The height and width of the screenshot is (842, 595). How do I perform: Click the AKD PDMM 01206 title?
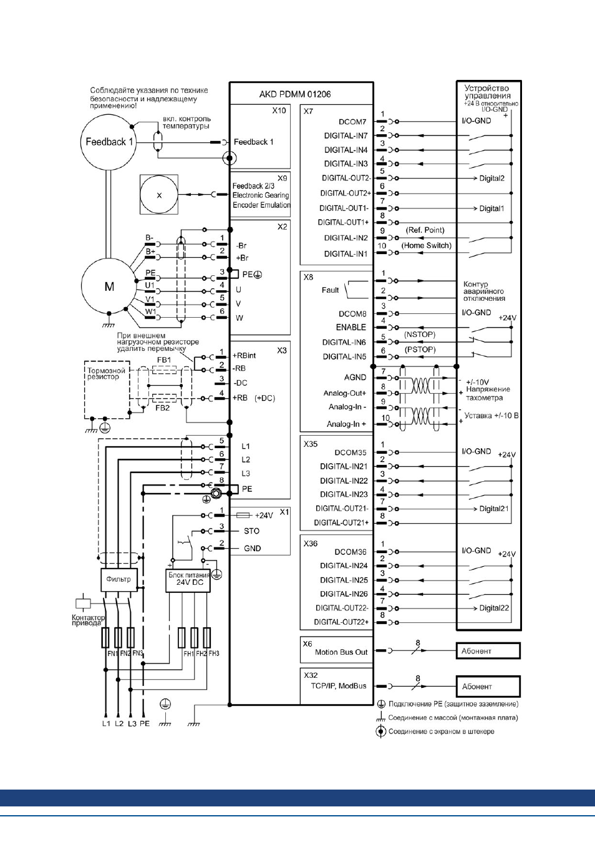tap(295, 94)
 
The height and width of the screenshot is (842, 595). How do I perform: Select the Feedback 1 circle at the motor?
tap(109, 142)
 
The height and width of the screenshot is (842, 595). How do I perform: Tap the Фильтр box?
tap(119, 580)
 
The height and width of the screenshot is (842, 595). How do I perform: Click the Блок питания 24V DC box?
tap(188, 580)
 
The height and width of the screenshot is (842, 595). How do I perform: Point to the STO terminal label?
tap(251, 531)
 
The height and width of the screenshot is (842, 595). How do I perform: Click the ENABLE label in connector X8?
tap(351, 328)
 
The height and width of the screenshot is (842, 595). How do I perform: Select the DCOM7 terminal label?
tap(352, 122)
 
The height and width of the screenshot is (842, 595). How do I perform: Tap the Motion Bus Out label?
tap(341, 652)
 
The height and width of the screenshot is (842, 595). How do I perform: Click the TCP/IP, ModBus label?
tap(339, 685)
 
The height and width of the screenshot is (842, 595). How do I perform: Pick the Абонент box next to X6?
tap(488, 650)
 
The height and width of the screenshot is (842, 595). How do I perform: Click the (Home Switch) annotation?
tap(427, 245)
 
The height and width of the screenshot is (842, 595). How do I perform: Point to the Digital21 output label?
tap(494, 509)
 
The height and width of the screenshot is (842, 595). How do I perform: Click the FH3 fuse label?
tap(214, 654)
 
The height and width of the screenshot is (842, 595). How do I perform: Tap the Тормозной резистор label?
tap(106, 373)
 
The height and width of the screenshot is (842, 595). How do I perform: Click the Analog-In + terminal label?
tap(346, 424)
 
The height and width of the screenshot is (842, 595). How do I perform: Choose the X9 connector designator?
tap(282, 178)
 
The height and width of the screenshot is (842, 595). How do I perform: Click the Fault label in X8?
tap(330, 290)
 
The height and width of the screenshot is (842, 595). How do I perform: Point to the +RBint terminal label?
tap(244, 355)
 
